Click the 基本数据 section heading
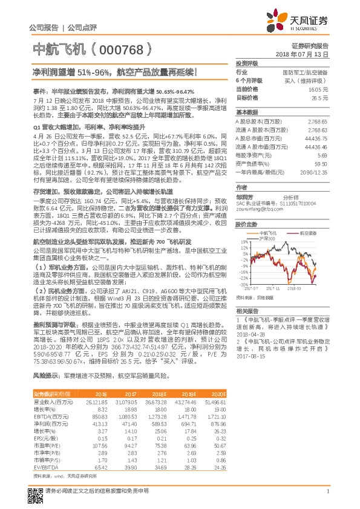[x=247, y=112]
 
